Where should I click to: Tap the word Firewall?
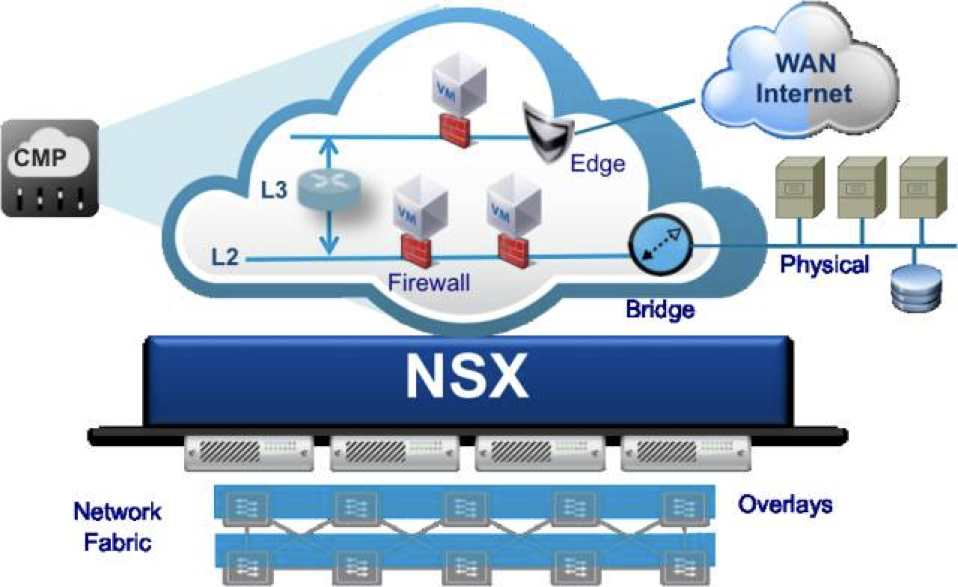point(430,284)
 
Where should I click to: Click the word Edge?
point(597,164)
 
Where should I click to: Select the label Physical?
point(825,264)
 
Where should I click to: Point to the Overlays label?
point(785,505)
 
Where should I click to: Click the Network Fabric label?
point(117,526)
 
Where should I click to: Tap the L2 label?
point(225,259)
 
